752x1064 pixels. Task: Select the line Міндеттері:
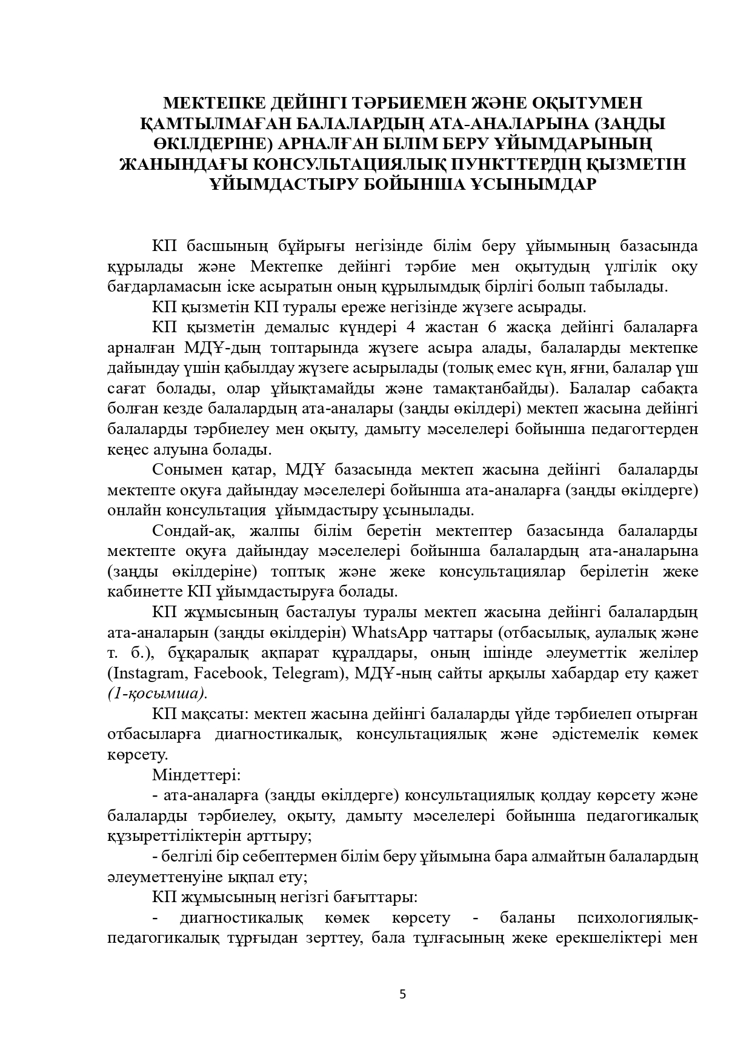(196, 775)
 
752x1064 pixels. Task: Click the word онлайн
(134, 510)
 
